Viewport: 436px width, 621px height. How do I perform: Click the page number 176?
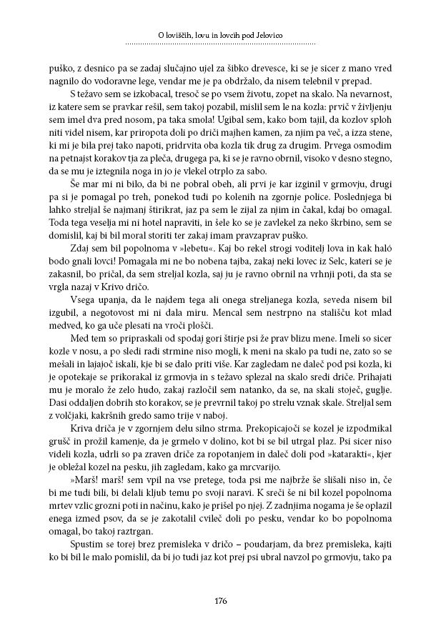(219, 599)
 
